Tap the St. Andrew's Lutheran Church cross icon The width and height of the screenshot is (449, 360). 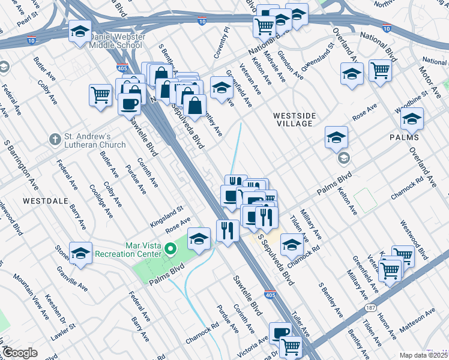(55, 139)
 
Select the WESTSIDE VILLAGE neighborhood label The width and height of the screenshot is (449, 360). (293, 118)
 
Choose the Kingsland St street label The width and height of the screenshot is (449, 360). (167, 213)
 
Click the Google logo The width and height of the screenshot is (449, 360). (19, 353)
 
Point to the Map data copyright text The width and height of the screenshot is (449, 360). (424, 355)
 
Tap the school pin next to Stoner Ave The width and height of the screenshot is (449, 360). (80, 254)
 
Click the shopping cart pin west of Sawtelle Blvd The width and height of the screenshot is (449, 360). (101, 95)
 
